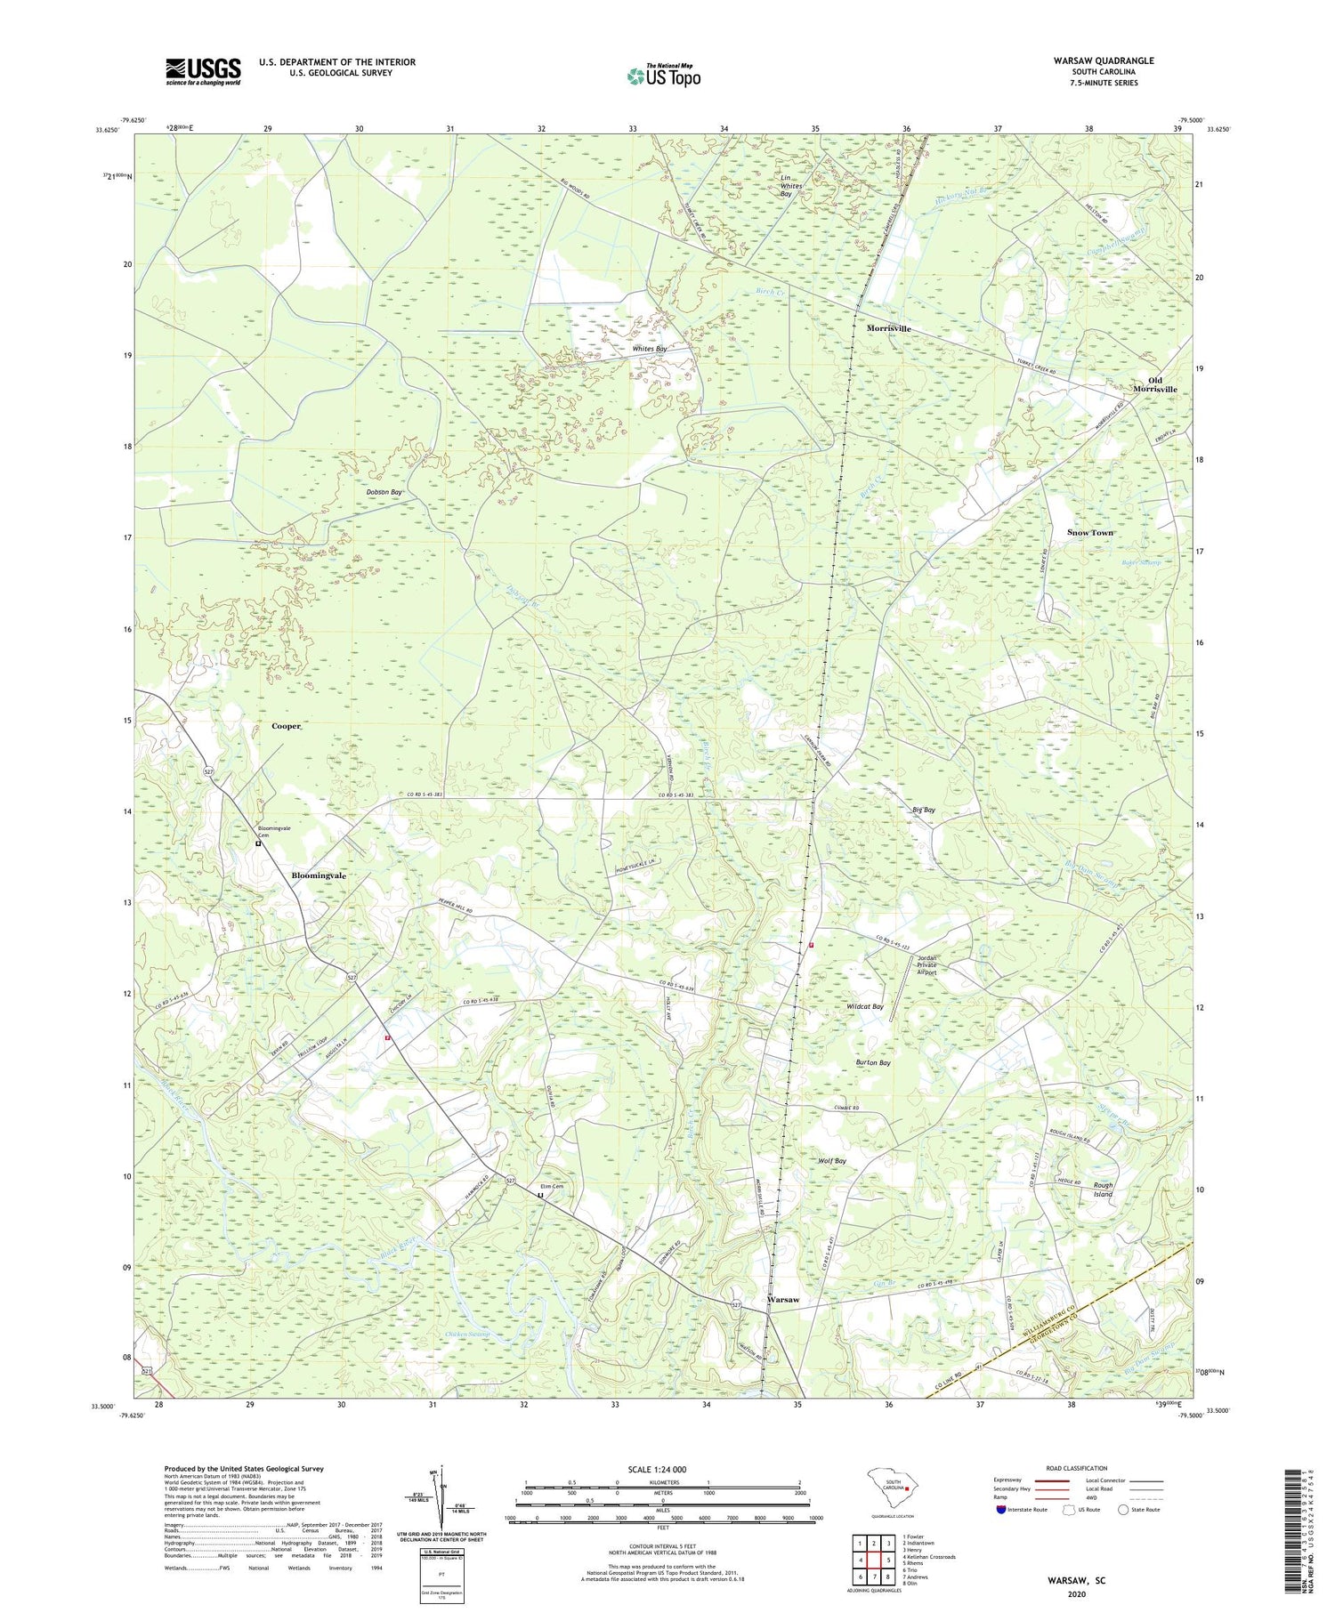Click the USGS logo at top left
coord(203,71)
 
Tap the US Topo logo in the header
coord(663,77)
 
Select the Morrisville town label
coord(888,328)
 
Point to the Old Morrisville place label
coord(1154,384)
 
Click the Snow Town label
coord(1089,532)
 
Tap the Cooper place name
coord(286,726)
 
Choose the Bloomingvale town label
coord(319,875)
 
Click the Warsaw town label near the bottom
coord(783,1300)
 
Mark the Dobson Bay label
coord(384,492)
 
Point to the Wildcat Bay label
coord(864,1006)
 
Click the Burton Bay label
coord(872,1062)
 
